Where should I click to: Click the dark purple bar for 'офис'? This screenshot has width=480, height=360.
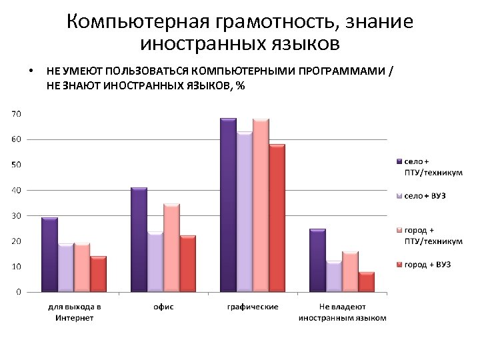coord(139,240)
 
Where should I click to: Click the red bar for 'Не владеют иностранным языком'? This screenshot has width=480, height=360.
coord(366,282)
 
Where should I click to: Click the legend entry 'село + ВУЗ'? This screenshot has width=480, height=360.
coord(424,196)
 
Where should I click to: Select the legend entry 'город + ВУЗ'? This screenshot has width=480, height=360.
coord(427,265)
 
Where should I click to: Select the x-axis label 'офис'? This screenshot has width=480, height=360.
coord(164,307)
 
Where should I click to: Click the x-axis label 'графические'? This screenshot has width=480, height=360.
coord(253,307)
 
